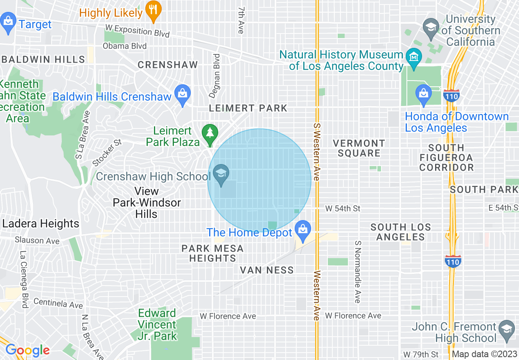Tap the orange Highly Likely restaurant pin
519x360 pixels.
coord(154,11)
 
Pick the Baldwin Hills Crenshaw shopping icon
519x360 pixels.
coord(183,95)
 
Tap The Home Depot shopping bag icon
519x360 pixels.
coord(303,230)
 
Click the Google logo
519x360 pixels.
coord(27,350)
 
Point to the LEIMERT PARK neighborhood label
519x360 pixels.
coord(248,108)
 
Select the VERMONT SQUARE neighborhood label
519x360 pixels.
coord(359,148)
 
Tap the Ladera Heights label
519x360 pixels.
coord(41,224)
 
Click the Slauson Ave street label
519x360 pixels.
coord(37,241)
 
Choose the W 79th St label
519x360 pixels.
coord(421,354)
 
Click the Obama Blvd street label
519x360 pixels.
coord(124,46)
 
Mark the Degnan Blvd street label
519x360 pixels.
coord(214,76)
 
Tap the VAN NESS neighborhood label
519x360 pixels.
coord(267,270)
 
